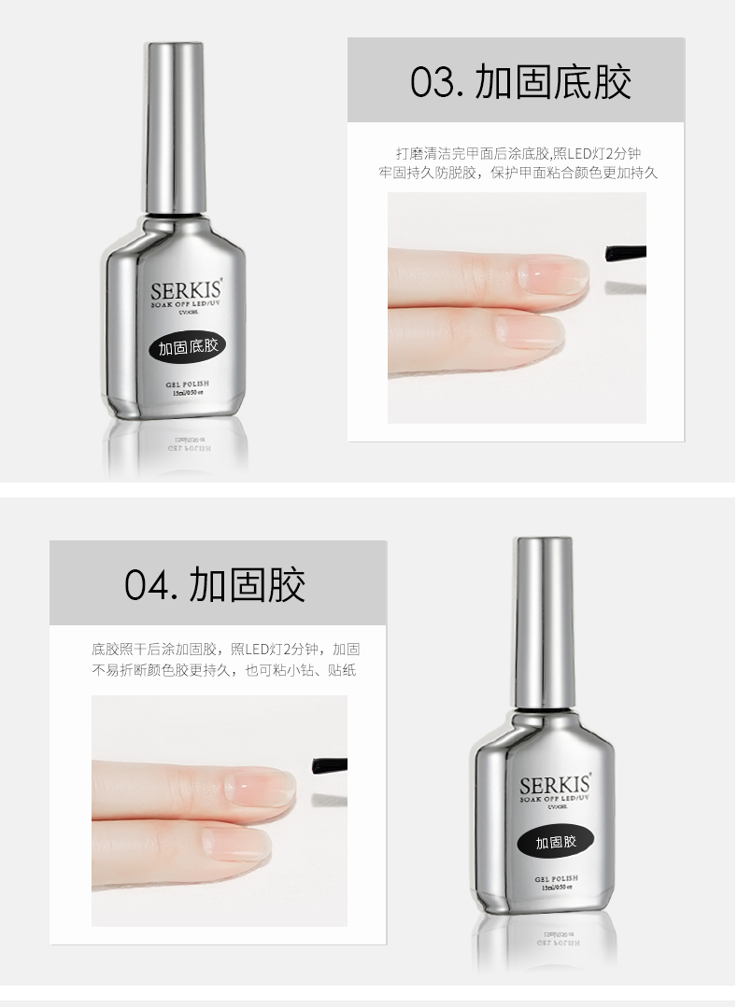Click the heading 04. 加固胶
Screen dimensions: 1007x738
click(x=215, y=585)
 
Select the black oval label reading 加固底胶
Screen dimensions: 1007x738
click(x=187, y=347)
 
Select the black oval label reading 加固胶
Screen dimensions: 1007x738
click(x=557, y=841)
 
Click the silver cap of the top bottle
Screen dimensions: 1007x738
click(x=176, y=121)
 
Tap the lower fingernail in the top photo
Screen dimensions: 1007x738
click(x=530, y=330)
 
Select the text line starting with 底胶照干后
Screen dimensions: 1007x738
click(x=225, y=650)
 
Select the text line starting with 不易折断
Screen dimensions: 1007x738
click(x=224, y=670)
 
